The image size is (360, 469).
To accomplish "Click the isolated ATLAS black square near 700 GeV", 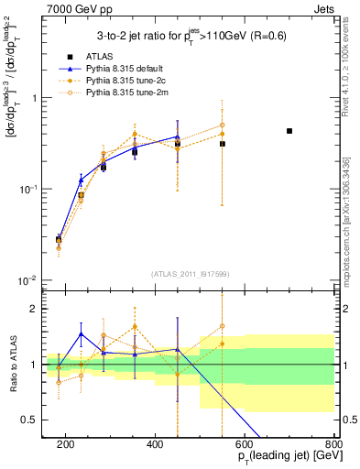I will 289,131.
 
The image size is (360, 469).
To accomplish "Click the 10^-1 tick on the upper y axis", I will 29,189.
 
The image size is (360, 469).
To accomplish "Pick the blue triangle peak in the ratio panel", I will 81,333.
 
